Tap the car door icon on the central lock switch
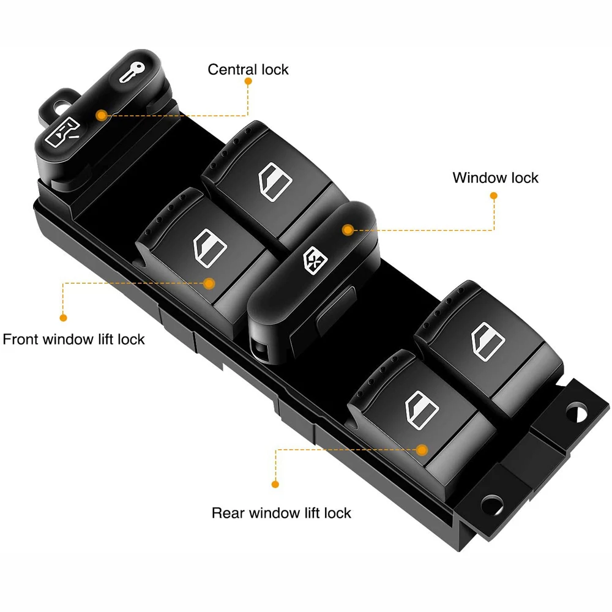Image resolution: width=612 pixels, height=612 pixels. [x=64, y=131]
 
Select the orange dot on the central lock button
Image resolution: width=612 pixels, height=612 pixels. [x=102, y=114]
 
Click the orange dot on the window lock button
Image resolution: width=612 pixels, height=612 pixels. [x=348, y=230]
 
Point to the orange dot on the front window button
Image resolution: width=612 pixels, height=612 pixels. [x=209, y=283]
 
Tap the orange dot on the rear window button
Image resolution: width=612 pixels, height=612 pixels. [x=421, y=449]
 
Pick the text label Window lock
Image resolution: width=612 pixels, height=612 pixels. [x=495, y=177]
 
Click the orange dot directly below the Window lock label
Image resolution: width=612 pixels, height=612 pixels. [x=493, y=196]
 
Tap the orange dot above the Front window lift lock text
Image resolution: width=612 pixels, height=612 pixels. [x=62, y=318]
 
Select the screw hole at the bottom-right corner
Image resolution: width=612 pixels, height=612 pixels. [x=491, y=504]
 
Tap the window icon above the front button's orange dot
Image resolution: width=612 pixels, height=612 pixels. [x=210, y=246]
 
